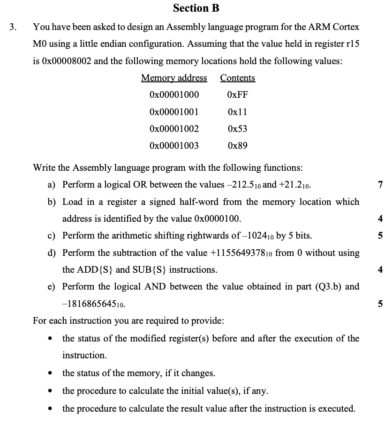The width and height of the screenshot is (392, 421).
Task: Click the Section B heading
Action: tap(196, 8)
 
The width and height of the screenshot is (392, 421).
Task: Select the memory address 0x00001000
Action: tap(174, 95)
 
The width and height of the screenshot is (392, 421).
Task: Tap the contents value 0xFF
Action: tap(237, 95)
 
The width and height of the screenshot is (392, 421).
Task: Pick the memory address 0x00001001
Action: tap(174, 112)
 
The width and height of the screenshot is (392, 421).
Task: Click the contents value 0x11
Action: tap(237, 112)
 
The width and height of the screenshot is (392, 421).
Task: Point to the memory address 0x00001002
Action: tap(174, 129)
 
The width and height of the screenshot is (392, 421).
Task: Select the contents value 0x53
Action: tap(237, 129)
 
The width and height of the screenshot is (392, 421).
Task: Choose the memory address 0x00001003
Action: tap(174, 145)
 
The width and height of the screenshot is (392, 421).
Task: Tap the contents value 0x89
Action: tap(237, 145)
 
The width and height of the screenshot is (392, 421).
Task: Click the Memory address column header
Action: tap(174, 78)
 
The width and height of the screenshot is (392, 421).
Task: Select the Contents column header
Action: tap(238, 78)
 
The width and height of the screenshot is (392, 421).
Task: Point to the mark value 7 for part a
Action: tap(380, 185)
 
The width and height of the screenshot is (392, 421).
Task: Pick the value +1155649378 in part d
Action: tap(243, 253)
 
